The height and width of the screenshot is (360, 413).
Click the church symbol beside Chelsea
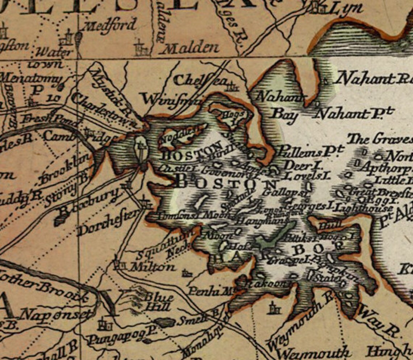(232, 87)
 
